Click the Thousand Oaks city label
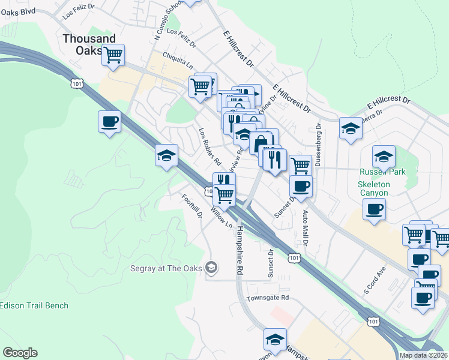click(x=89, y=44)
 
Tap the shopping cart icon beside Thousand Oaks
click(x=112, y=55)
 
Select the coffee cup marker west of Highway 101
click(x=109, y=122)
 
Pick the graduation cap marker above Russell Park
click(x=384, y=157)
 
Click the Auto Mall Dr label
click(x=306, y=228)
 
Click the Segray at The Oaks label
click(x=166, y=268)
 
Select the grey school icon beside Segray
click(x=211, y=267)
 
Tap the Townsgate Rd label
click(x=268, y=298)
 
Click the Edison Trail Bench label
click(x=34, y=305)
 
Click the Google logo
click(x=20, y=353)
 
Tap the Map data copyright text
click(x=423, y=355)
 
